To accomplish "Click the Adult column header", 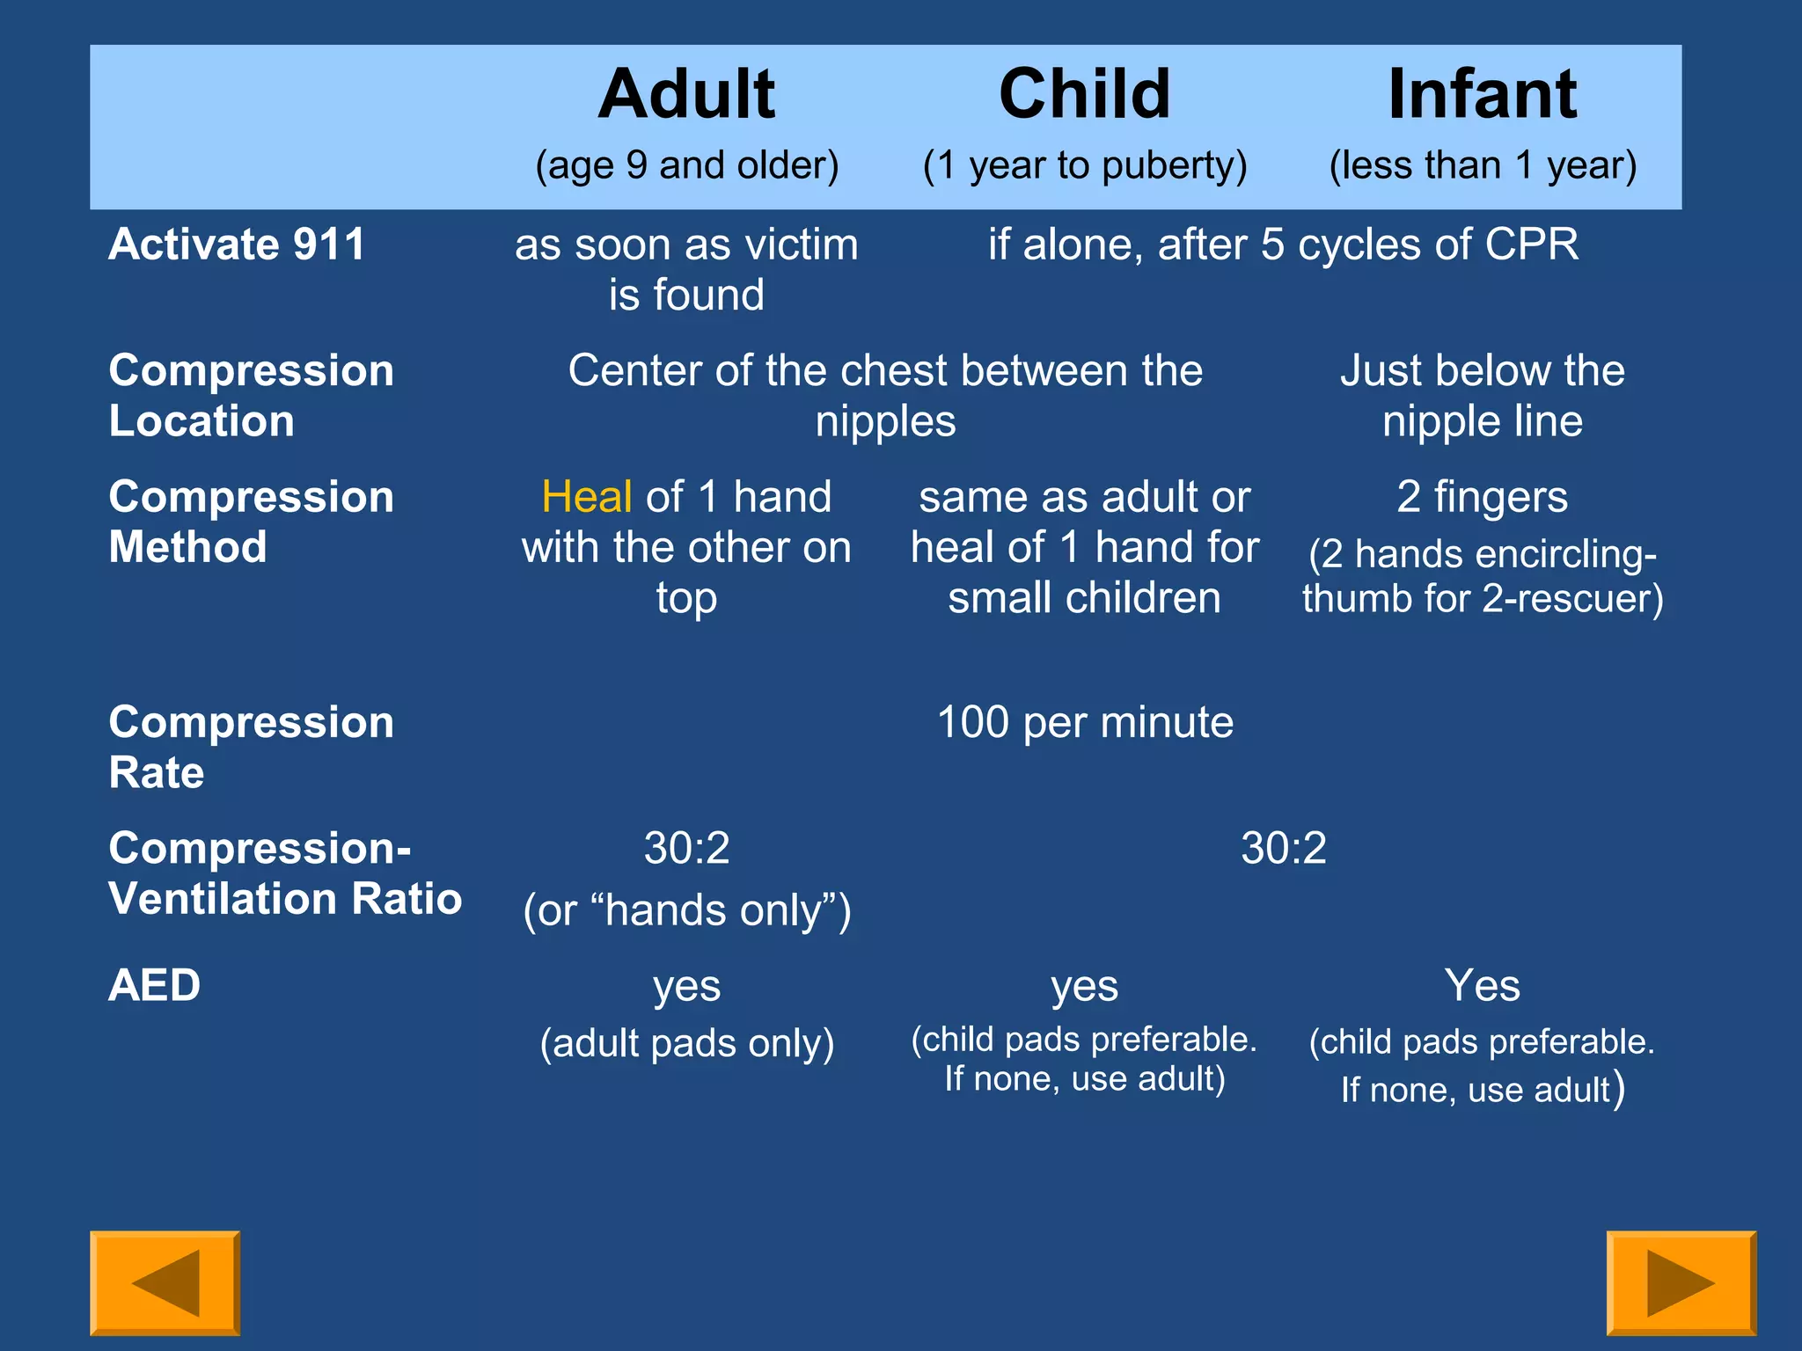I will pyautogui.click(x=686, y=94).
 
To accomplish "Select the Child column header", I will pyautogui.click(x=1084, y=94).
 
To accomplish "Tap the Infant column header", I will pyautogui.click(x=1482, y=94).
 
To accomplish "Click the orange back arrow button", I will pyautogui.click(x=165, y=1282).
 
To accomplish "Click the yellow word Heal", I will pyautogui.click(x=586, y=497).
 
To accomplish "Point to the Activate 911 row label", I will pyautogui.click(x=236, y=244).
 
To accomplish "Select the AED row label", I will pyautogui.click(x=154, y=984).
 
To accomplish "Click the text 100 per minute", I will pyautogui.click(x=1084, y=722).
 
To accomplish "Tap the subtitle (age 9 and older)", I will pyautogui.click(x=686, y=165).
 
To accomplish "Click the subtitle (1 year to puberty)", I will pyautogui.click(x=1084, y=165).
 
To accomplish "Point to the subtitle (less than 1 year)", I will pyautogui.click(x=1482, y=165).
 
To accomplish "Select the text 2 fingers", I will pyautogui.click(x=1482, y=497).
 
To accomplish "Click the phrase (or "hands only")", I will pyautogui.click(x=686, y=910).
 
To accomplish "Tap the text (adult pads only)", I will pyautogui.click(x=686, y=1043).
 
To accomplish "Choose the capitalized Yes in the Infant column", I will pyautogui.click(x=1482, y=984).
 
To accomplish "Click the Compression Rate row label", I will pyautogui.click(x=250, y=747).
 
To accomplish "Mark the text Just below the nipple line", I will pyautogui.click(x=1482, y=395).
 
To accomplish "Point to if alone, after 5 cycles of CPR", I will pyautogui.click(x=1283, y=244).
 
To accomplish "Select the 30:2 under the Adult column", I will pyautogui.click(x=686, y=848).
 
